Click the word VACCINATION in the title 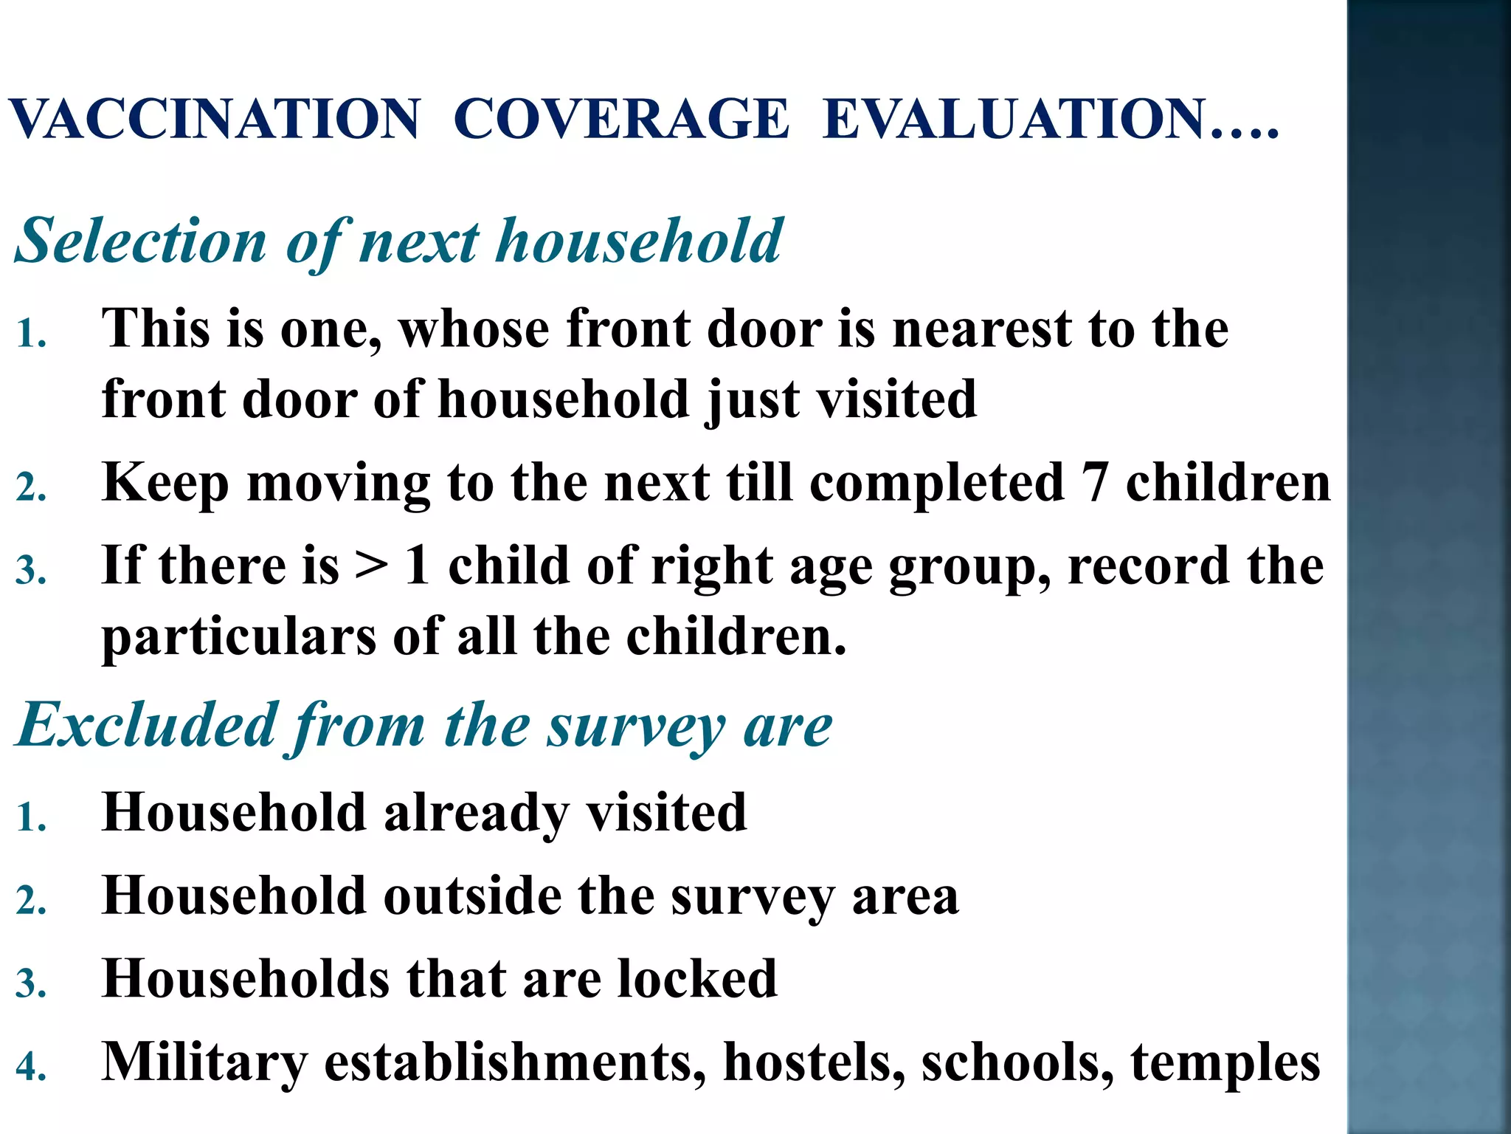(x=215, y=119)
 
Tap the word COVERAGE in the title (x=620, y=119)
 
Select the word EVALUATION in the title (x=1014, y=119)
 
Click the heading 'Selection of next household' (x=398, y=241)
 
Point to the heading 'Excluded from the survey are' (x=423, y=726)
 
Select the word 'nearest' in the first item (x=981, y=329)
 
